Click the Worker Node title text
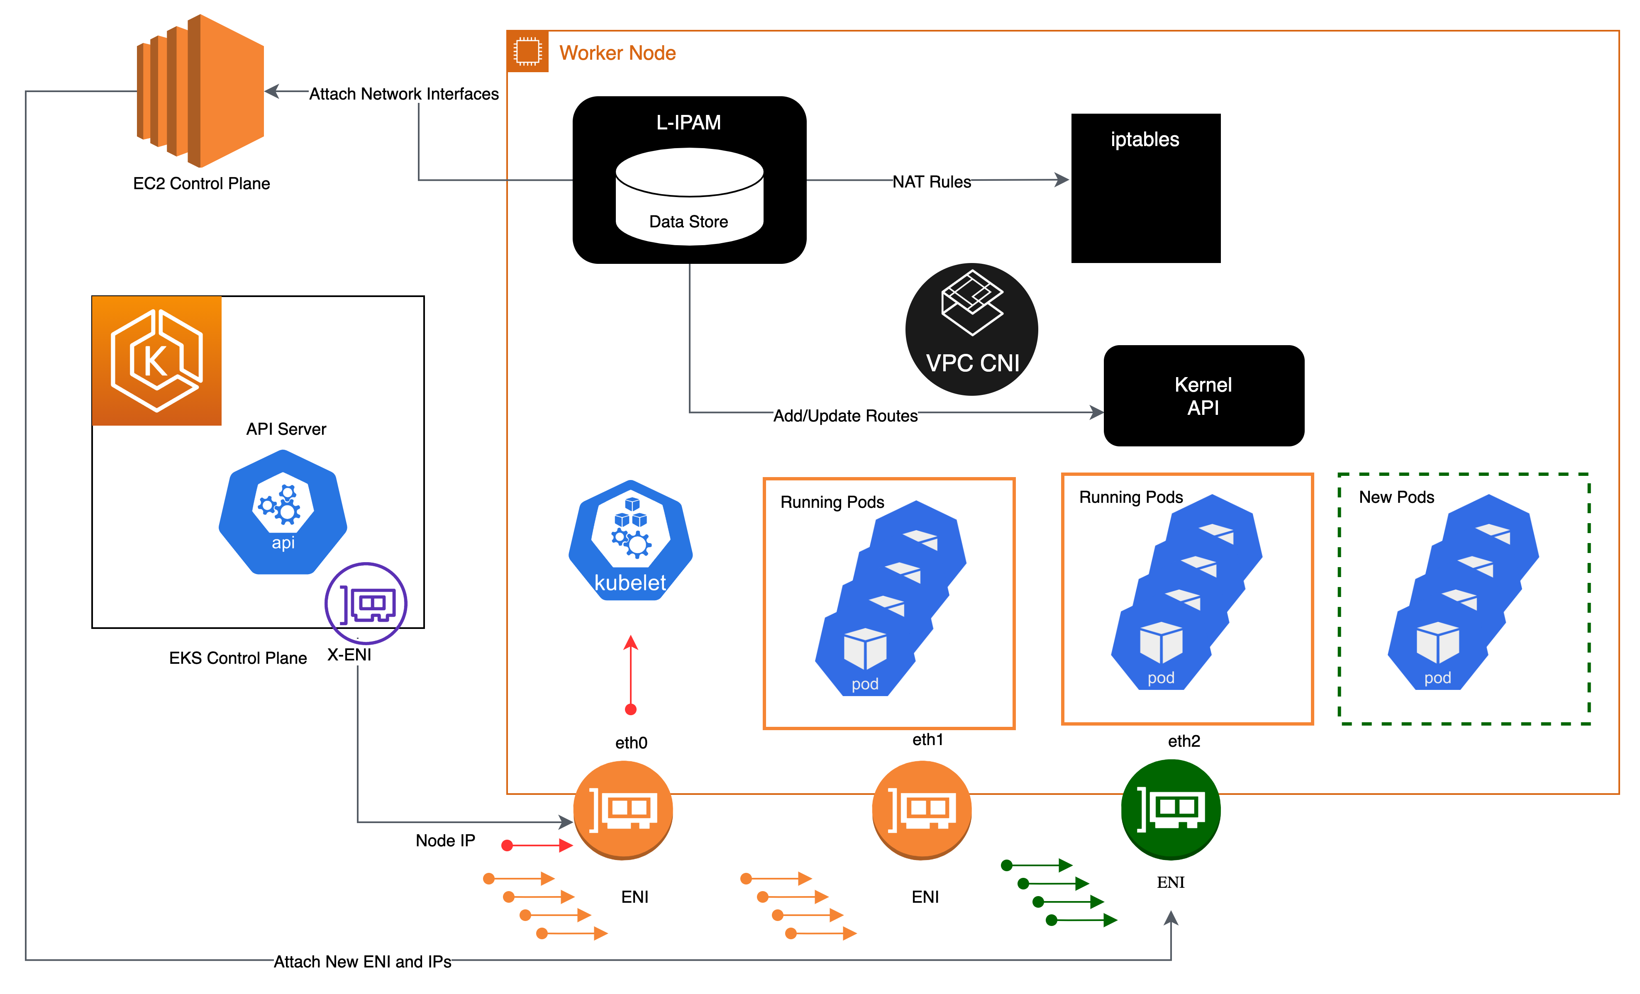pos(617,53)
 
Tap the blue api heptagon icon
pos(283,512)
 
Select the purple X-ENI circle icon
pos(366,603)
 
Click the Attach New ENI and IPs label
pos(362,961)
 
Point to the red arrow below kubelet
pos(630,672)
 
